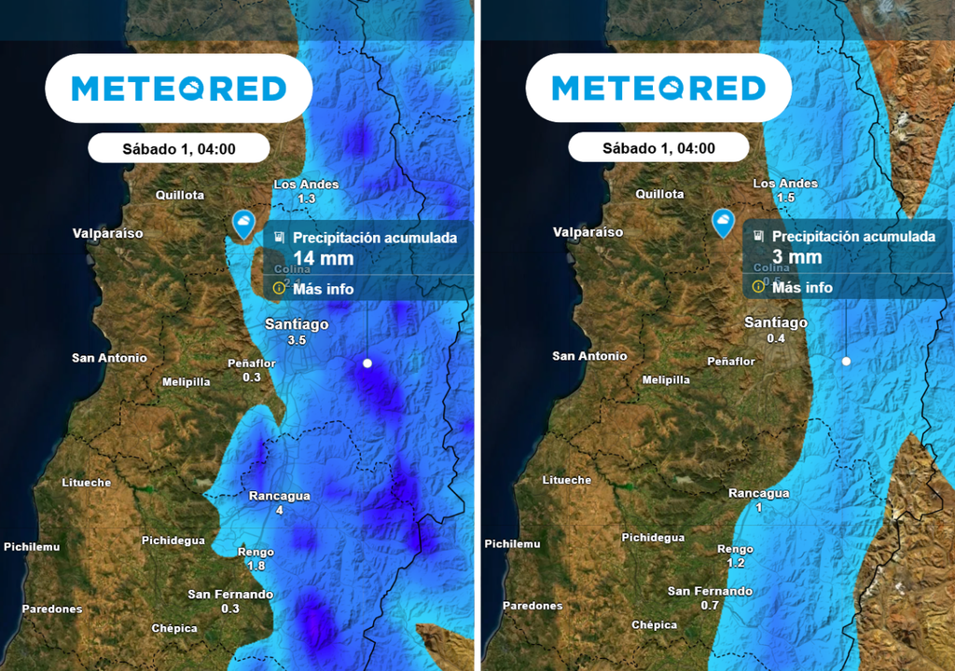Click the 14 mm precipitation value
click(311, 258)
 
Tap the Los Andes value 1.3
click(307, 199)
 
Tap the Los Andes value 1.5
click(785, 198)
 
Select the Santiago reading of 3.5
click(297, 340)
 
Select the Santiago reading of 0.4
click(776, 338)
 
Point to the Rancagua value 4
click(279, 511)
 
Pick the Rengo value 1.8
click(256, 566)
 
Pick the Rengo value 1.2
click(736, 564)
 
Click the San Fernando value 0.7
click(710, 606)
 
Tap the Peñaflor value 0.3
click(252, 377)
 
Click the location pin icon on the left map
click(243, 223)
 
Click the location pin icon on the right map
click(723, 222)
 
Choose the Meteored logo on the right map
click(658, 89)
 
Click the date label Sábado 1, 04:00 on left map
click(178, 148)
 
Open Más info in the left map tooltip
click(323, 289)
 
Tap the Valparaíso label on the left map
click(108, 233)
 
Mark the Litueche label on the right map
click(566, 480)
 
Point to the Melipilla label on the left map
click(186, 382)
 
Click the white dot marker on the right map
click(846, 360)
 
